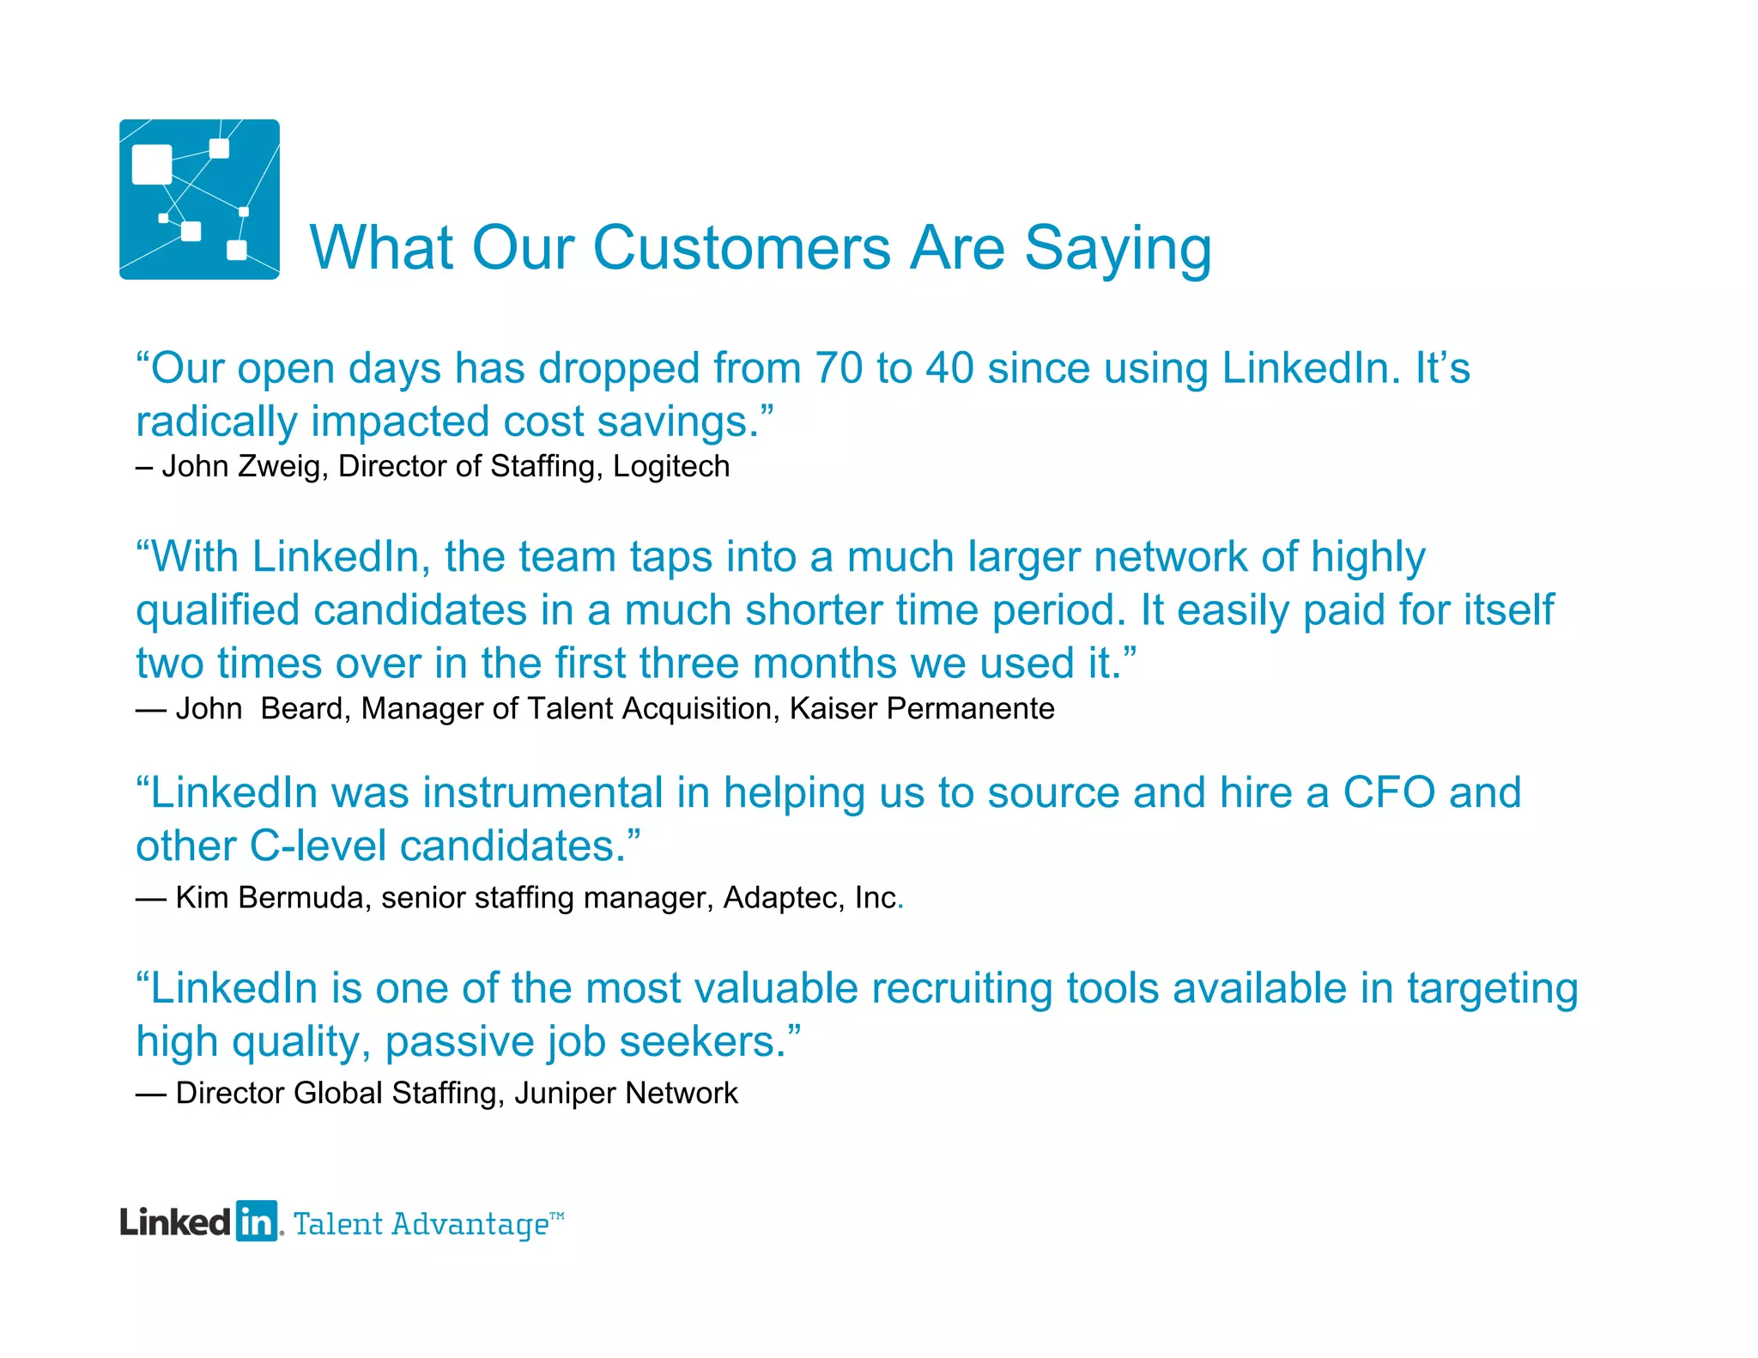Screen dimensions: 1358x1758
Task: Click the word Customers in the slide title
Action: click(742, 249)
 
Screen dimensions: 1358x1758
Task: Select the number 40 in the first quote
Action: click(949, 368)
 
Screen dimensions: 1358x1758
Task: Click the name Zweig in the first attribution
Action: click(279, 466)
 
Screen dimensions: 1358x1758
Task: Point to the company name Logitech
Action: click(671, 466)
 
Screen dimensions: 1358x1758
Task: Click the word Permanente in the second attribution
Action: click(970, 709)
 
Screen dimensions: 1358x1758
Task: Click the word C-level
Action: click(318, 846)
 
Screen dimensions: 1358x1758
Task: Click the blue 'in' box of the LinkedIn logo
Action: click(256, 1222)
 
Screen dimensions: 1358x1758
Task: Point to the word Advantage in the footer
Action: click(470, 1224)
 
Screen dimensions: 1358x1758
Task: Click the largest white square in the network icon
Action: click(152, 164)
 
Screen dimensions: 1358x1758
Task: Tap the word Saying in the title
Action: click(1118, 249)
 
